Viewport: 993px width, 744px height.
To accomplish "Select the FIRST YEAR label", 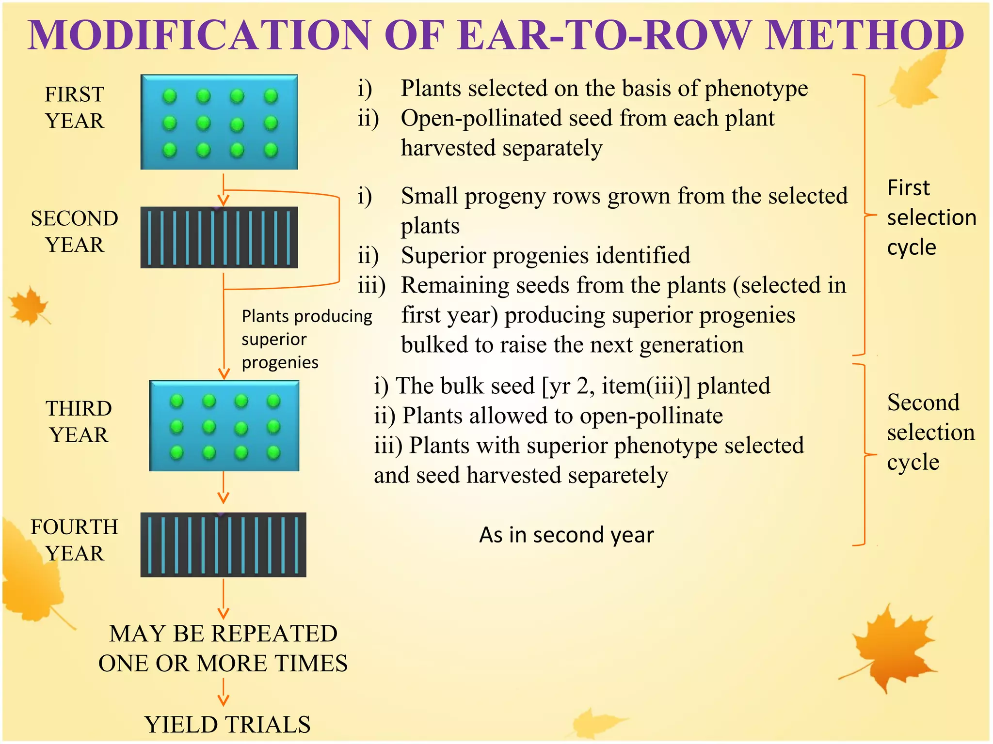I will (75, 108).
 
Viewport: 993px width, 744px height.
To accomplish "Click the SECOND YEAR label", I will (75, 232).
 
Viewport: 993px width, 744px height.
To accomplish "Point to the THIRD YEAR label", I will (79, 421).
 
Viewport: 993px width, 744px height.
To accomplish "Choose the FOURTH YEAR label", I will (75, 540).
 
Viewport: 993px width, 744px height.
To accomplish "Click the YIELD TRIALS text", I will (227, 725).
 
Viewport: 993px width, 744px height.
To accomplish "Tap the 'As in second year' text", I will (566, 535).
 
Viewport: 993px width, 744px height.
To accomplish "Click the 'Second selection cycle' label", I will (930, 432).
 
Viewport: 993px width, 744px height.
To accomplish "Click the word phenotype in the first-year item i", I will (756, 89).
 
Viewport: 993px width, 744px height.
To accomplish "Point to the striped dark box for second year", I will (219, 237).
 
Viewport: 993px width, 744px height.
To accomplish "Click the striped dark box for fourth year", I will (223, 544).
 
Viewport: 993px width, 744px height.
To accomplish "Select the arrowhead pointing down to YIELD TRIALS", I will (223, 700).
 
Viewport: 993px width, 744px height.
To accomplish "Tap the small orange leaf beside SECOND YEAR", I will (29, 305).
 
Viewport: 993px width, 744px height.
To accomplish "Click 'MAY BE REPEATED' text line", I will (223, 634).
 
